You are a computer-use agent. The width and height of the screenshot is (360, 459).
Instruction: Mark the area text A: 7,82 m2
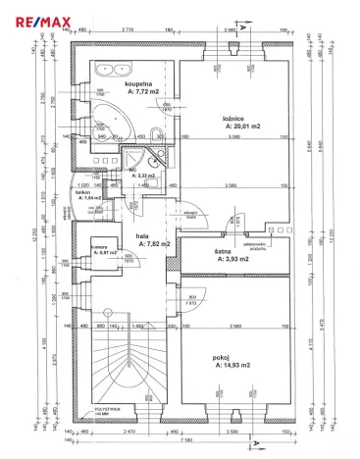click(152, 244)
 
